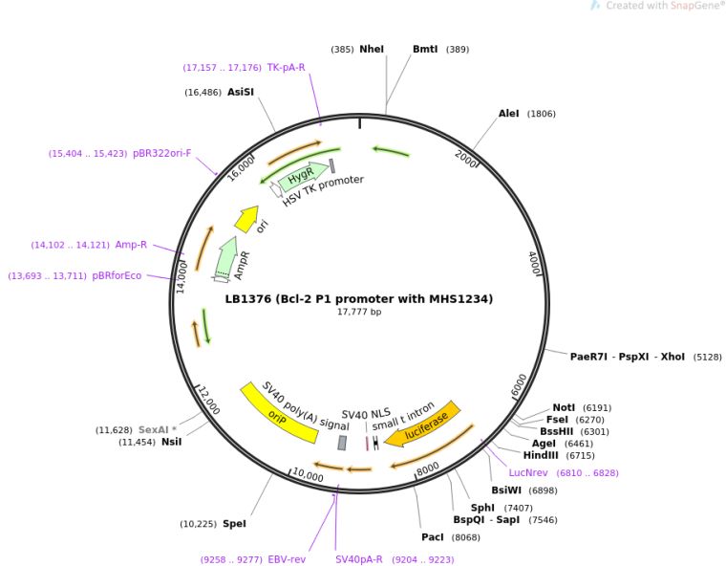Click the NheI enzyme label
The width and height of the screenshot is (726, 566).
(372, 49)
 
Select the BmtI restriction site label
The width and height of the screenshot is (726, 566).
(425, 49)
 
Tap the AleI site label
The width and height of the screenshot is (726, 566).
(509, 114)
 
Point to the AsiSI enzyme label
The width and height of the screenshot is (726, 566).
(241, 93)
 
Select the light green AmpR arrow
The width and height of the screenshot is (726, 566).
(225, 259)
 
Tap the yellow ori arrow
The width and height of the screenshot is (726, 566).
(246, 219)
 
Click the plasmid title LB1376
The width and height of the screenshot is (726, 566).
(358, 298)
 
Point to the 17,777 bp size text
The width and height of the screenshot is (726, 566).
(358, 312)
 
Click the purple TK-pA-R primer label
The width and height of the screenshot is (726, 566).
(286, 67)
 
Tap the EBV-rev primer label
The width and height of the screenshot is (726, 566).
(287, 559)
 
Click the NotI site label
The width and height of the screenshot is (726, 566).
(565, 407)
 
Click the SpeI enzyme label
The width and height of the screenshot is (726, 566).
(234, 523)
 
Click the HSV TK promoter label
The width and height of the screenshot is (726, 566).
(323, 190)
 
